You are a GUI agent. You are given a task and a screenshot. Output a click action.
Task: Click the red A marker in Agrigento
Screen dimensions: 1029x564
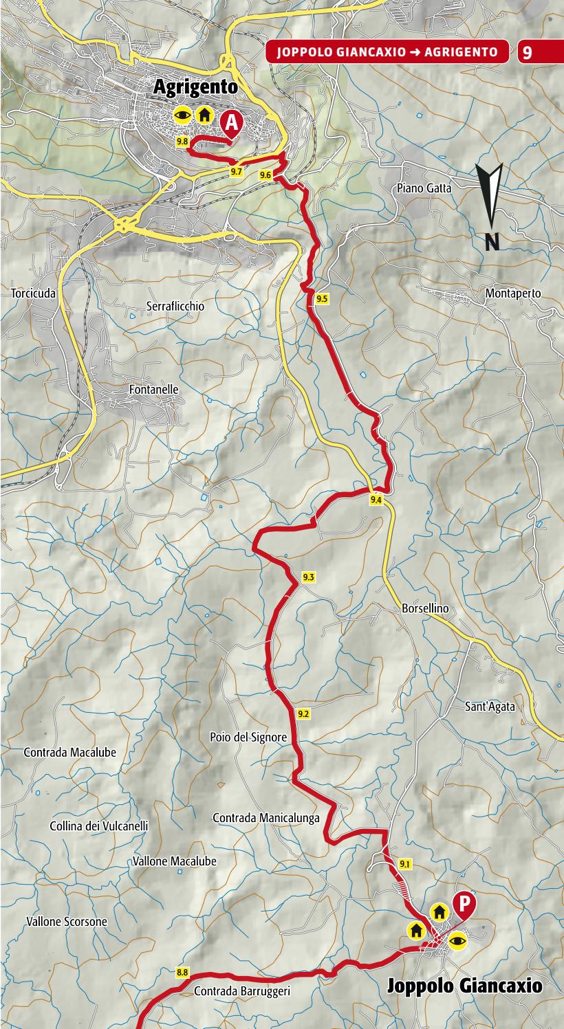(x=232, y=124)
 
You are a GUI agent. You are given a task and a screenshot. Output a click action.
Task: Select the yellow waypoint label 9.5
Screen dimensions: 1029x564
(x=323, y=298)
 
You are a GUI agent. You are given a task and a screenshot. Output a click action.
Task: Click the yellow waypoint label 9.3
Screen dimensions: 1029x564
(x=307, y=577)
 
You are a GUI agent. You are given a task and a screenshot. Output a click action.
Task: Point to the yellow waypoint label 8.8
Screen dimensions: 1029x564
(x=182, y=972)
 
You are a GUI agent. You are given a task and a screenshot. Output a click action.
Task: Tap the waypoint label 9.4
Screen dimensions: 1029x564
(x=376, y=500)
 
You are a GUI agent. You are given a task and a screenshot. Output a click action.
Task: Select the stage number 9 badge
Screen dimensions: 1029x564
(x=527, y=52)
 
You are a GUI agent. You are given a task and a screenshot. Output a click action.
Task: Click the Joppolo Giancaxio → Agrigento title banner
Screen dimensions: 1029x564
(x=387, y=52)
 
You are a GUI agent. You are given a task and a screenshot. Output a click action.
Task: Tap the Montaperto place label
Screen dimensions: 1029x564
(x=513, y=294)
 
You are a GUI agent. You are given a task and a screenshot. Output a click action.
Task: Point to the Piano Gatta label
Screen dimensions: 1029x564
(x=424, y=188)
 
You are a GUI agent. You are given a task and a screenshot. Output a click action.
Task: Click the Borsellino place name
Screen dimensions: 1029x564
(x=424, y=608)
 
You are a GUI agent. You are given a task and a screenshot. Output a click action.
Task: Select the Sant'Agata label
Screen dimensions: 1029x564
(x=490, y=706)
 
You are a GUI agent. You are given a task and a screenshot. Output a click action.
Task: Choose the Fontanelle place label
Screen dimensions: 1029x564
(x=153, y=389)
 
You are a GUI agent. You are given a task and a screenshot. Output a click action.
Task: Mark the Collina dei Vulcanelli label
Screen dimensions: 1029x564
(x=99, y=826)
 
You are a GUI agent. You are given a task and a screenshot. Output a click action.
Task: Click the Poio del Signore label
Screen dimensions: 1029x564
(x=248, y=737)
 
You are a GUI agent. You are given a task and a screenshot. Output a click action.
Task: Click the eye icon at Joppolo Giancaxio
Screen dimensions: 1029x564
(x=457, y=940)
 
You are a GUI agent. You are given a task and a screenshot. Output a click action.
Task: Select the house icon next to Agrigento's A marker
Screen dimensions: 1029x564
(x=204, y=115)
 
